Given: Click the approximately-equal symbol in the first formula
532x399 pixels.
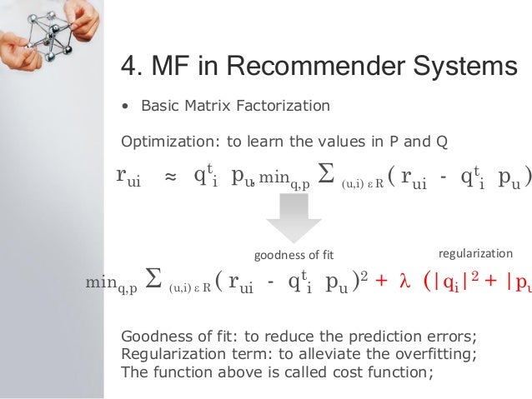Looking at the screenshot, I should click(170, 177).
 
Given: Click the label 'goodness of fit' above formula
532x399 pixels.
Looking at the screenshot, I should click(292, 255).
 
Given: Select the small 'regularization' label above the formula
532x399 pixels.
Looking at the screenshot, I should click(475, 253).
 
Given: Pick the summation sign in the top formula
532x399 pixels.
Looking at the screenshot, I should click(327, 177).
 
